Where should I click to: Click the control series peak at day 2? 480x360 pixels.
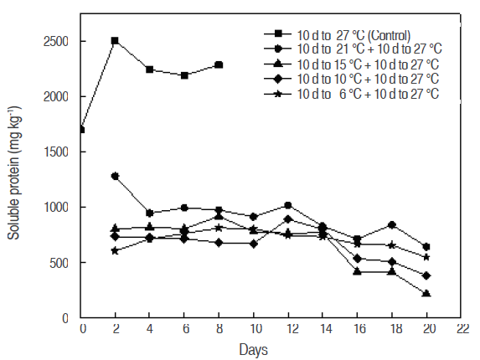tap(114, 40)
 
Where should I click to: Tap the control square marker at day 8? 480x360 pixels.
tap(219, 64)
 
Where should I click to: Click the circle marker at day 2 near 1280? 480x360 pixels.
tap(115, 176)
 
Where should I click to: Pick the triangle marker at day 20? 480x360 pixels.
tap(427, 293)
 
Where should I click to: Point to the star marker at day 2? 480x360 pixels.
tap(115, 250)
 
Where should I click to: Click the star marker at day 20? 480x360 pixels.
tap(427, 257)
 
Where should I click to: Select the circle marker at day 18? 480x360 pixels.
tap(392, 225)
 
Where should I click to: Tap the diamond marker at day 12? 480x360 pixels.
tap(288, 219)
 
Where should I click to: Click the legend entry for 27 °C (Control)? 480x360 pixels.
tap(352, 34)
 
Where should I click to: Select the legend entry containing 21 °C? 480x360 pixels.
tap(364, 49)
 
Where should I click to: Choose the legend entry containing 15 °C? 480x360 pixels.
tap(364, 64)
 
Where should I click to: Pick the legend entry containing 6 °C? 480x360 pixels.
tap(364, 93)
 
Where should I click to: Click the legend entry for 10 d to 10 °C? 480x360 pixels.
tap(364, 79)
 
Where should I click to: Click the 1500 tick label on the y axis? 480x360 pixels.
tap(58, 152)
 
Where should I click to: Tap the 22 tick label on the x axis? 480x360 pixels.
tap(462, 329)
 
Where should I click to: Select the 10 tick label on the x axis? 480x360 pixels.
tap(253, 329)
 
